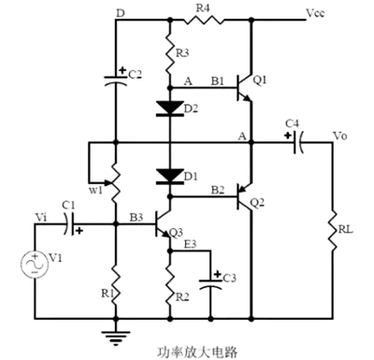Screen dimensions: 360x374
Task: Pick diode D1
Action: click(x=169, y=175)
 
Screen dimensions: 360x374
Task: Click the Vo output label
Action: click(x=340, y=136)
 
